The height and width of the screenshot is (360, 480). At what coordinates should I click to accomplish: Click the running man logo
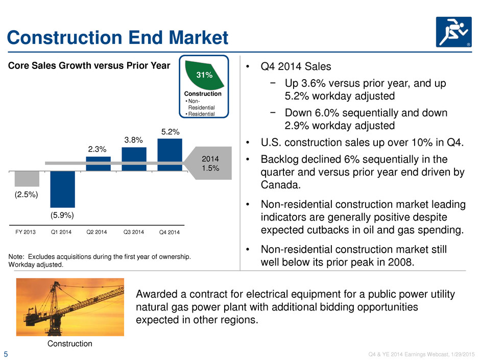pyautogui.click(x=453, y=32)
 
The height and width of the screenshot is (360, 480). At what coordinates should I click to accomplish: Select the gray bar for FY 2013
pyautogui.click(x=27, y=179)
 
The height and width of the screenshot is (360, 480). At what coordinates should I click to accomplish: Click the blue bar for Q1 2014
pyautogui.click(x=62, y=189)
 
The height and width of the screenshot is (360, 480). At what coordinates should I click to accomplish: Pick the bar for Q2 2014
pyautogui.click(x=98, y=164)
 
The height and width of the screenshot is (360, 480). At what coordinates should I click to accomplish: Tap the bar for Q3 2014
pyautogui.click(x=134, y=159)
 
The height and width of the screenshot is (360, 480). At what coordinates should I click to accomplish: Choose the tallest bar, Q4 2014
pyautogui.click(x=170, y=155)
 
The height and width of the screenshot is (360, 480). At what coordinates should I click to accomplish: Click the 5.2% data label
pyautogui.click(x=170, y=132)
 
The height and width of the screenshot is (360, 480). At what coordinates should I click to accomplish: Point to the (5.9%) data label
pyautogui.click(x=62, y=215)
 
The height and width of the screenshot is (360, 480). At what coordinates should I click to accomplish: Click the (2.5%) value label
pyautogui.click(x=27, y=195)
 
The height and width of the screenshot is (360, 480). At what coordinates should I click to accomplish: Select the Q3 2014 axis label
pyautogui.click(x=133, y=232)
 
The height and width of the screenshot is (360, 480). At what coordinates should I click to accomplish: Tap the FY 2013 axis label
pyautogui.click(x=26, y=232)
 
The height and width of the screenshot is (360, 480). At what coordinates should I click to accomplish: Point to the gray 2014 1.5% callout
pyautogui.click(x=210, y=163)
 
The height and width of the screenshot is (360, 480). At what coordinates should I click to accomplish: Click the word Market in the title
pyautogui.click(x=198, y=38)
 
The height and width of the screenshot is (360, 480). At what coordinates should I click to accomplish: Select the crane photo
pyautogui.click(x=70, y=307)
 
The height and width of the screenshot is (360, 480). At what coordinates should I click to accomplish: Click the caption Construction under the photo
pyautogui.click(x=70, y=344)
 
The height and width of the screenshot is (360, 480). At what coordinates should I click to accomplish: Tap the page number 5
pyautogui.click(x=6, y=354)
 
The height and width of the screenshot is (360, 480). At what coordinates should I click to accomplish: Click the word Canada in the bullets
pyautogui.click(x=280, y=185)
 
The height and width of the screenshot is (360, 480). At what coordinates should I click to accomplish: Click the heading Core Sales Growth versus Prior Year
pyautogui.click(x=89, y=65)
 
